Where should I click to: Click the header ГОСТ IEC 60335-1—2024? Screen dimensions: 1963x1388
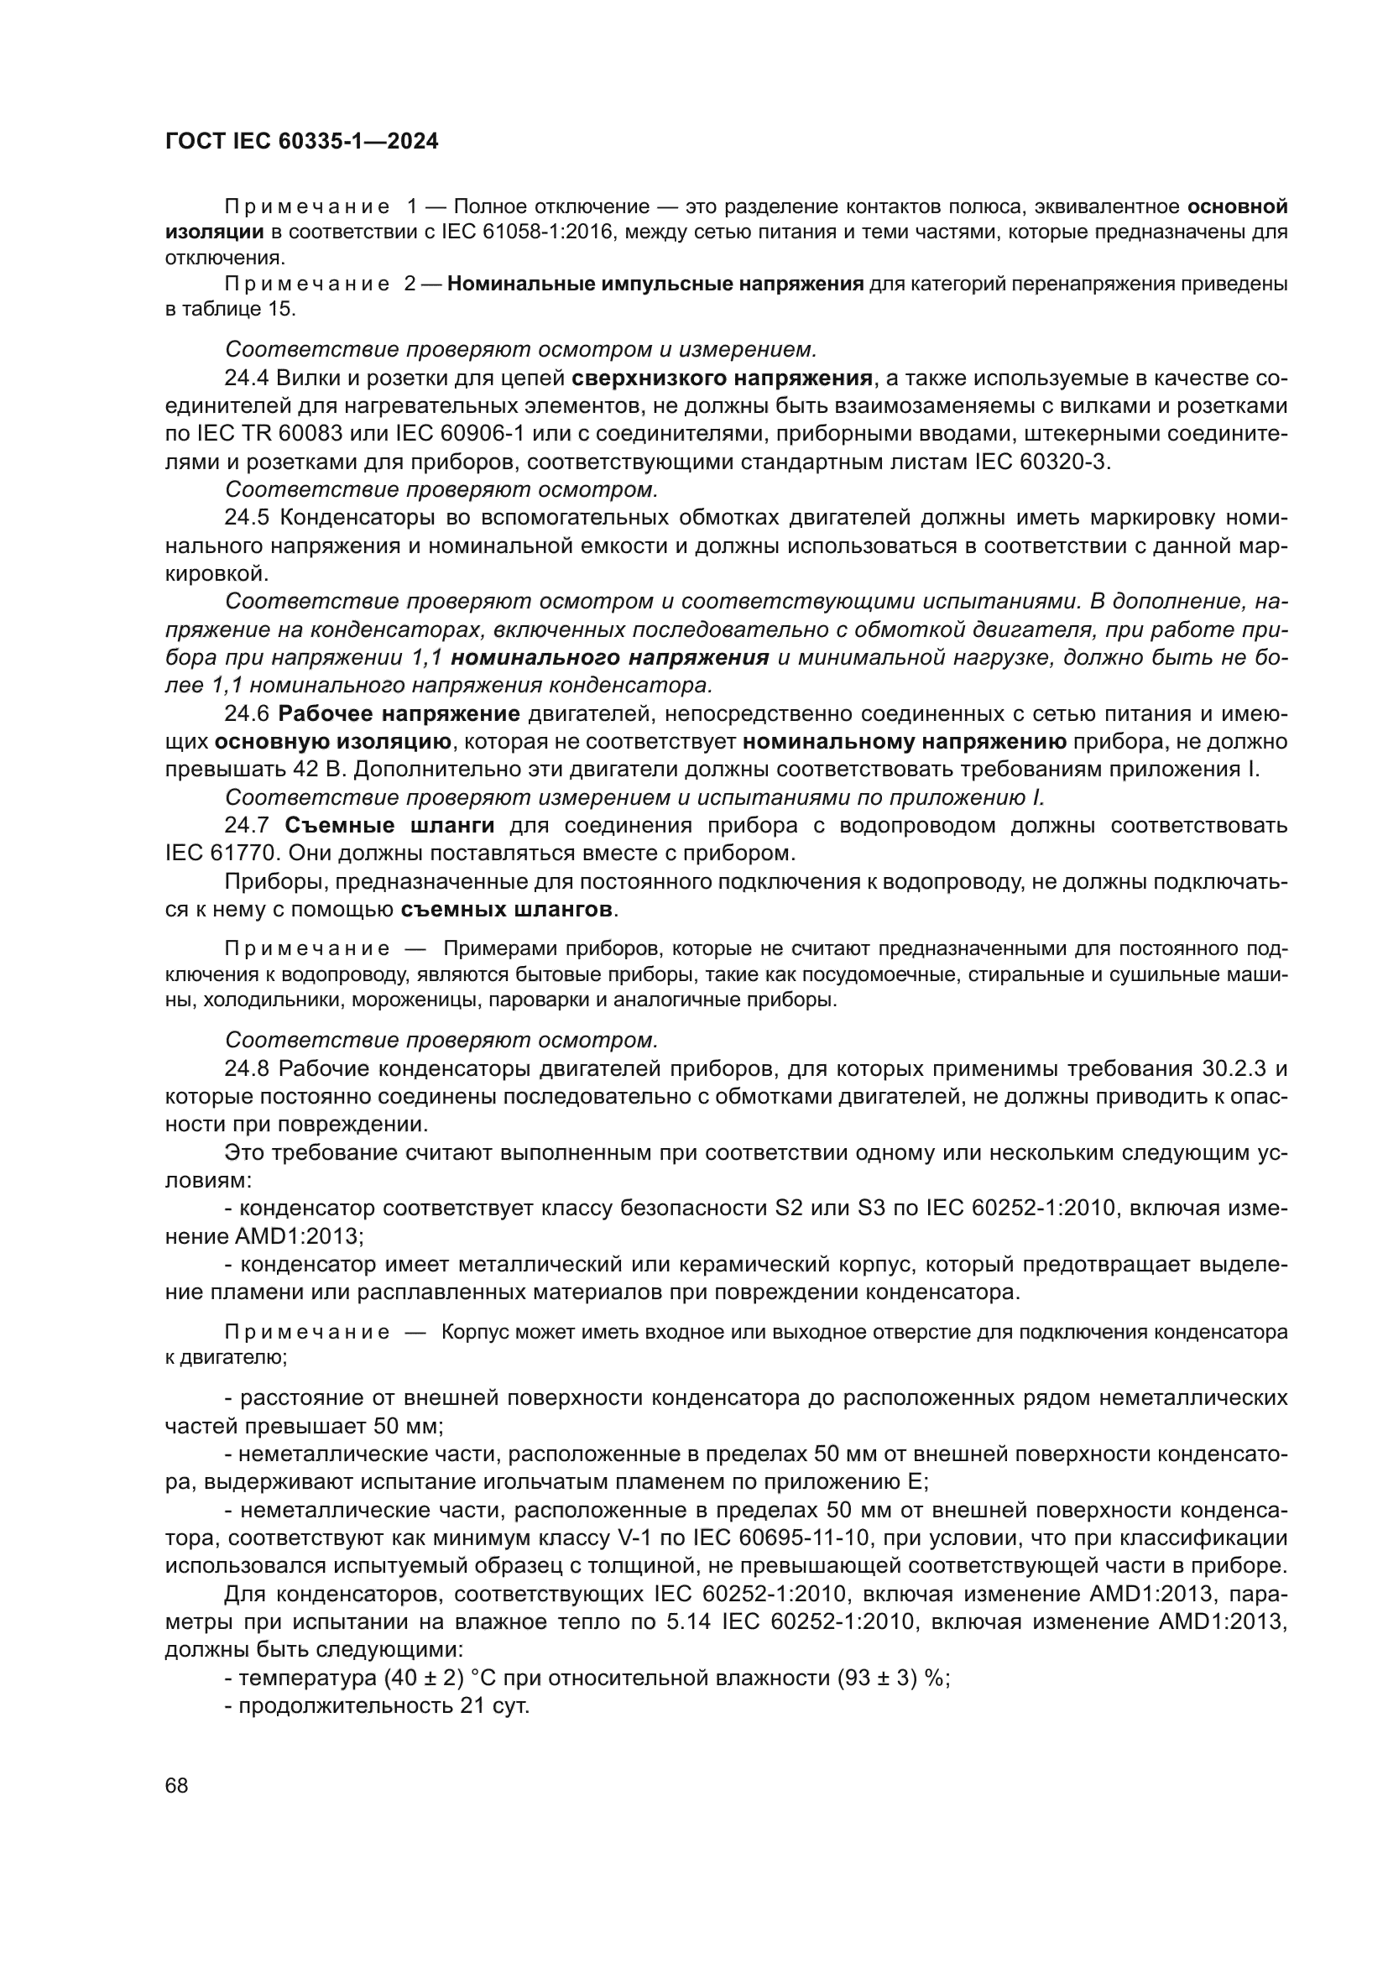tap(302, 142)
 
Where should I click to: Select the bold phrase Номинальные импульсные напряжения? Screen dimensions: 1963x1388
tap(655, 284)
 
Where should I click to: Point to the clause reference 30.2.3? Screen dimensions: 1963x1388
tap(1237, 1068)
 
